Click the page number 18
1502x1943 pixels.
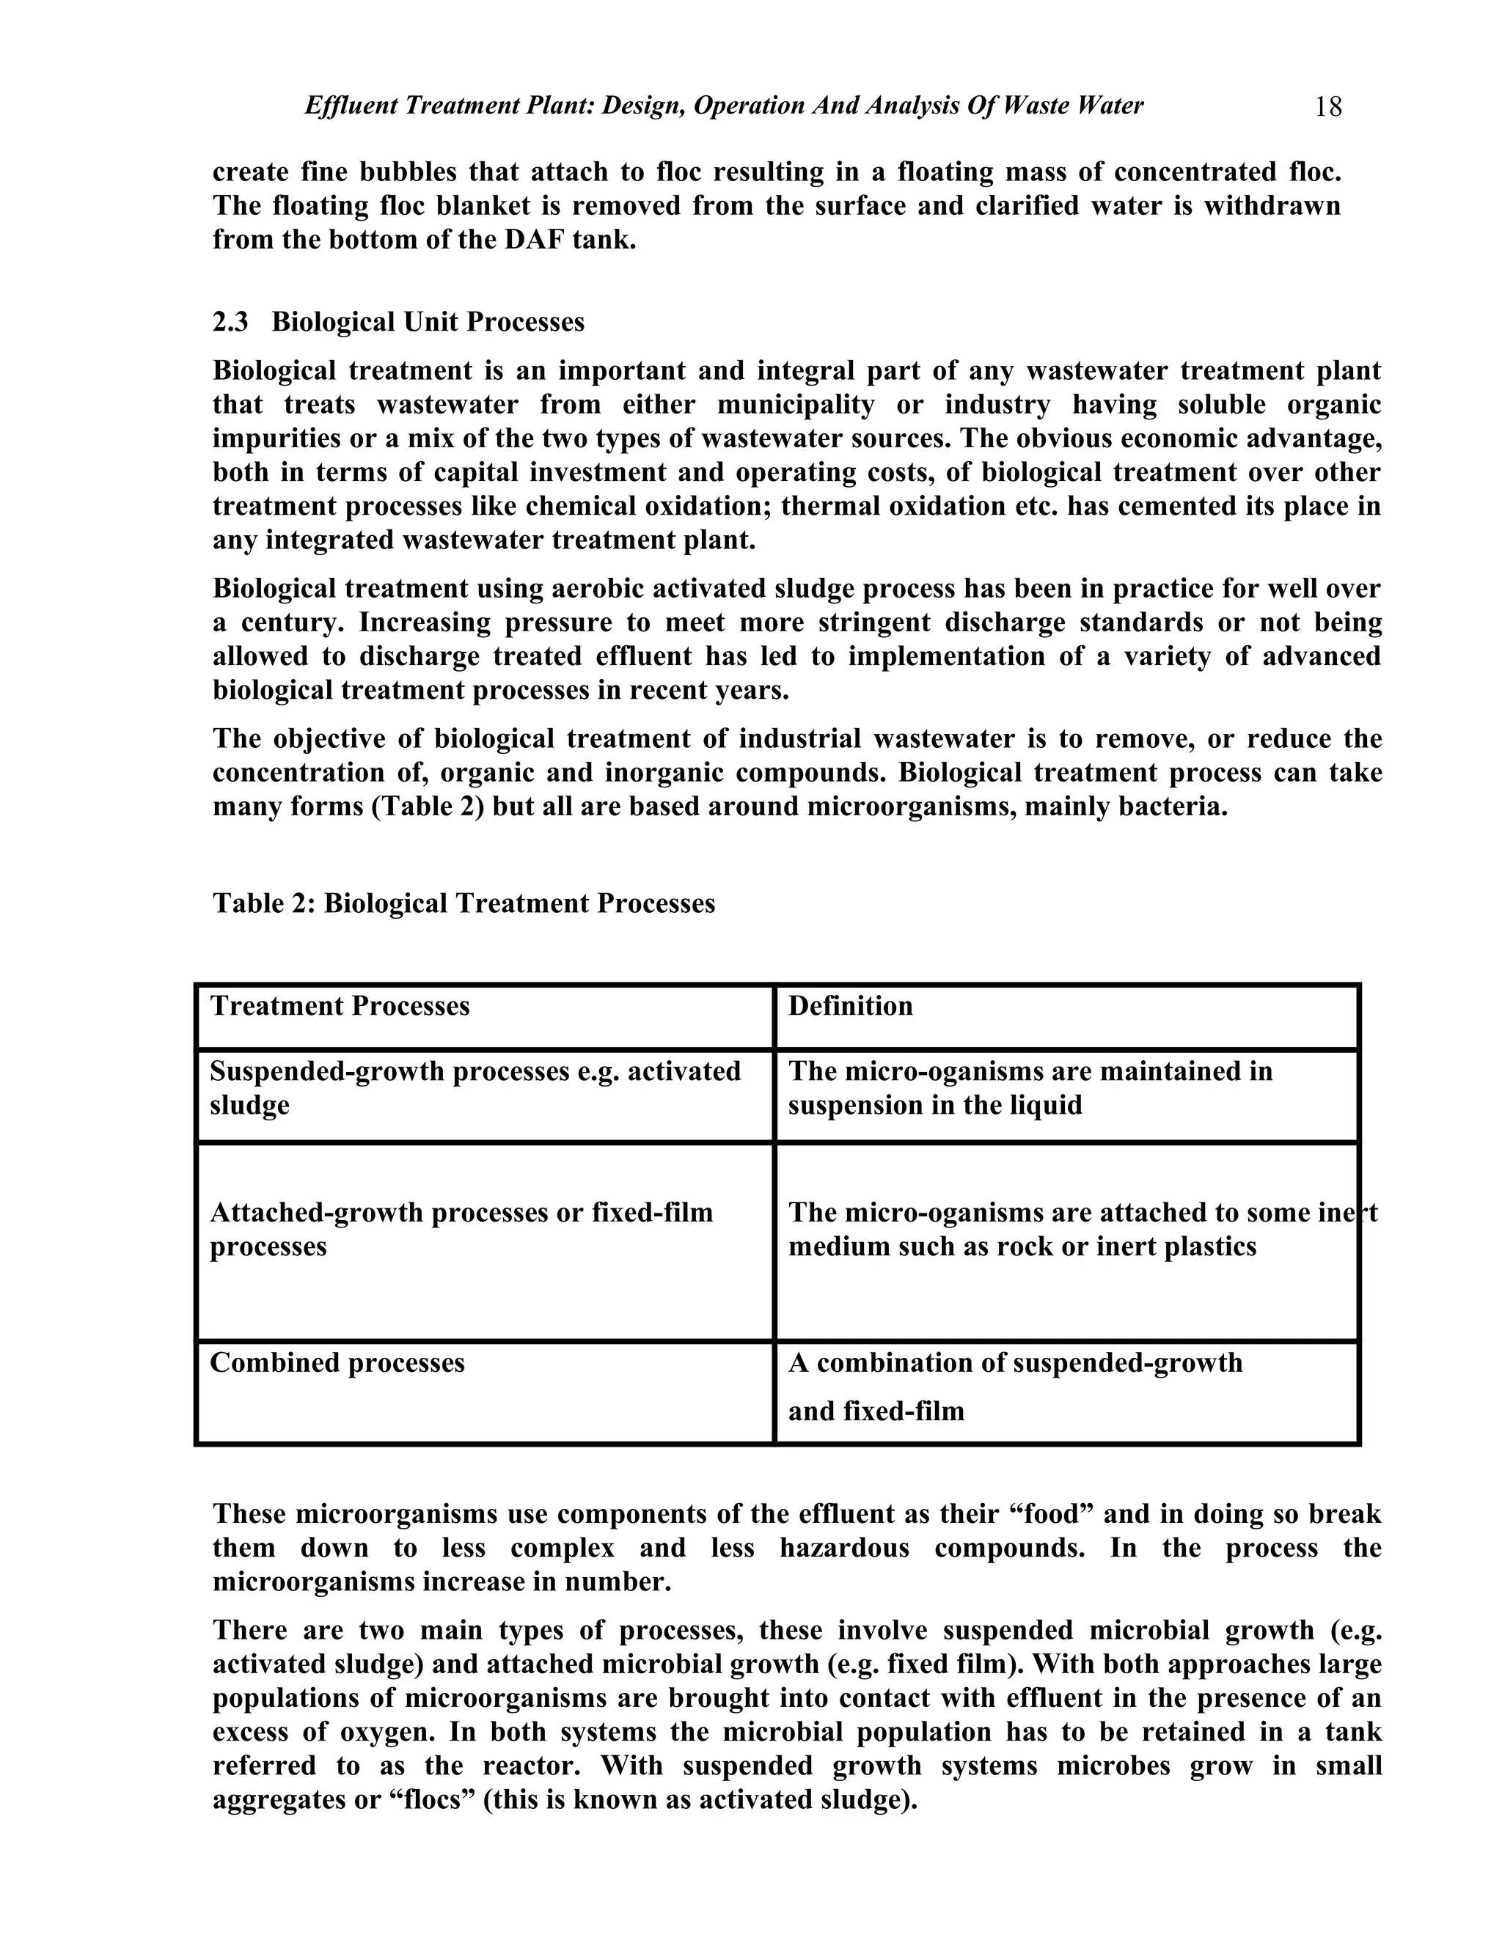tap(1327, 108)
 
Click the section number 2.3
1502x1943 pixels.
tap(230, 322)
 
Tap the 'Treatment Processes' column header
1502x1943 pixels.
tap(339, 1006)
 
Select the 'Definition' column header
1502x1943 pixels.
tap(850, 1006)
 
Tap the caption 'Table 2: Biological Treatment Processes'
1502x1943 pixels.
tap(464, 904)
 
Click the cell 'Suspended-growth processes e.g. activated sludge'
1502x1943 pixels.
tap(475, 1088)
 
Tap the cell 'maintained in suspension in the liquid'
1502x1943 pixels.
tap(1030, 1088)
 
